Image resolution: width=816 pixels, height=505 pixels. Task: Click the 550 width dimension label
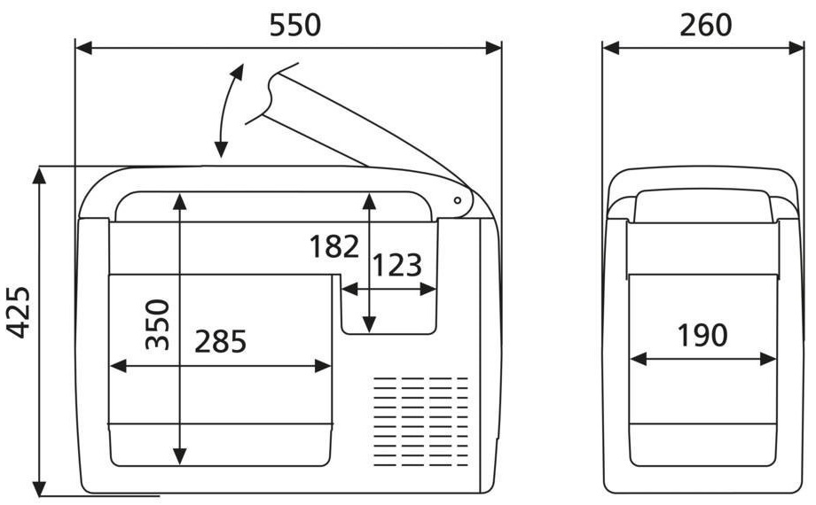(x=295, y=25)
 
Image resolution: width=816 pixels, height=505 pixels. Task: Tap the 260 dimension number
(x=706, y=25)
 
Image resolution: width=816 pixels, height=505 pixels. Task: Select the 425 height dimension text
(x=19, y=312)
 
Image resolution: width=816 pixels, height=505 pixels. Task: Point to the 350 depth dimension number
(x=158, y=324)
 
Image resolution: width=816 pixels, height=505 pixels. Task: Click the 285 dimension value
(x=220, y=342)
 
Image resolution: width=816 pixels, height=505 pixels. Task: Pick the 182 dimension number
(x=334, y=246)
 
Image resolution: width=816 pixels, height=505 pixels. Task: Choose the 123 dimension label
(x=397, y=265)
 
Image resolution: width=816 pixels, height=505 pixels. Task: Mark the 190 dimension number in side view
(x=702, y=336)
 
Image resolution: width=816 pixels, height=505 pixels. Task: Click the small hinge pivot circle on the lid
(x=458, y=200)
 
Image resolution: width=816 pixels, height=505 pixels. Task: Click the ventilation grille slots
(x=421, y=421)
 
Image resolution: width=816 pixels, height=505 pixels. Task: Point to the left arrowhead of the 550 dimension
(x=83, y=49)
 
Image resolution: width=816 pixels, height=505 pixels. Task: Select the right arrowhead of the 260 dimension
(x=796, y=49)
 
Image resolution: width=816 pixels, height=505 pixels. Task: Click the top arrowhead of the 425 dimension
(x=39, y=175)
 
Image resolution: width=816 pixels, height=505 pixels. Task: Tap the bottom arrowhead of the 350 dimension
(x=179, y=456)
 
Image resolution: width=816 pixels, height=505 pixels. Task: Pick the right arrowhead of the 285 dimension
(x=323, y=366)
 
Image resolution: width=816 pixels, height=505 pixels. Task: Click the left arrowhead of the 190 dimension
(x=638, y=359)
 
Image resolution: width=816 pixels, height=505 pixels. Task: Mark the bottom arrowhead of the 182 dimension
(x=369, y=324)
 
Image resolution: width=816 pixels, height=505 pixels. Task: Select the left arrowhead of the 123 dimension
(x=349, y=289)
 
